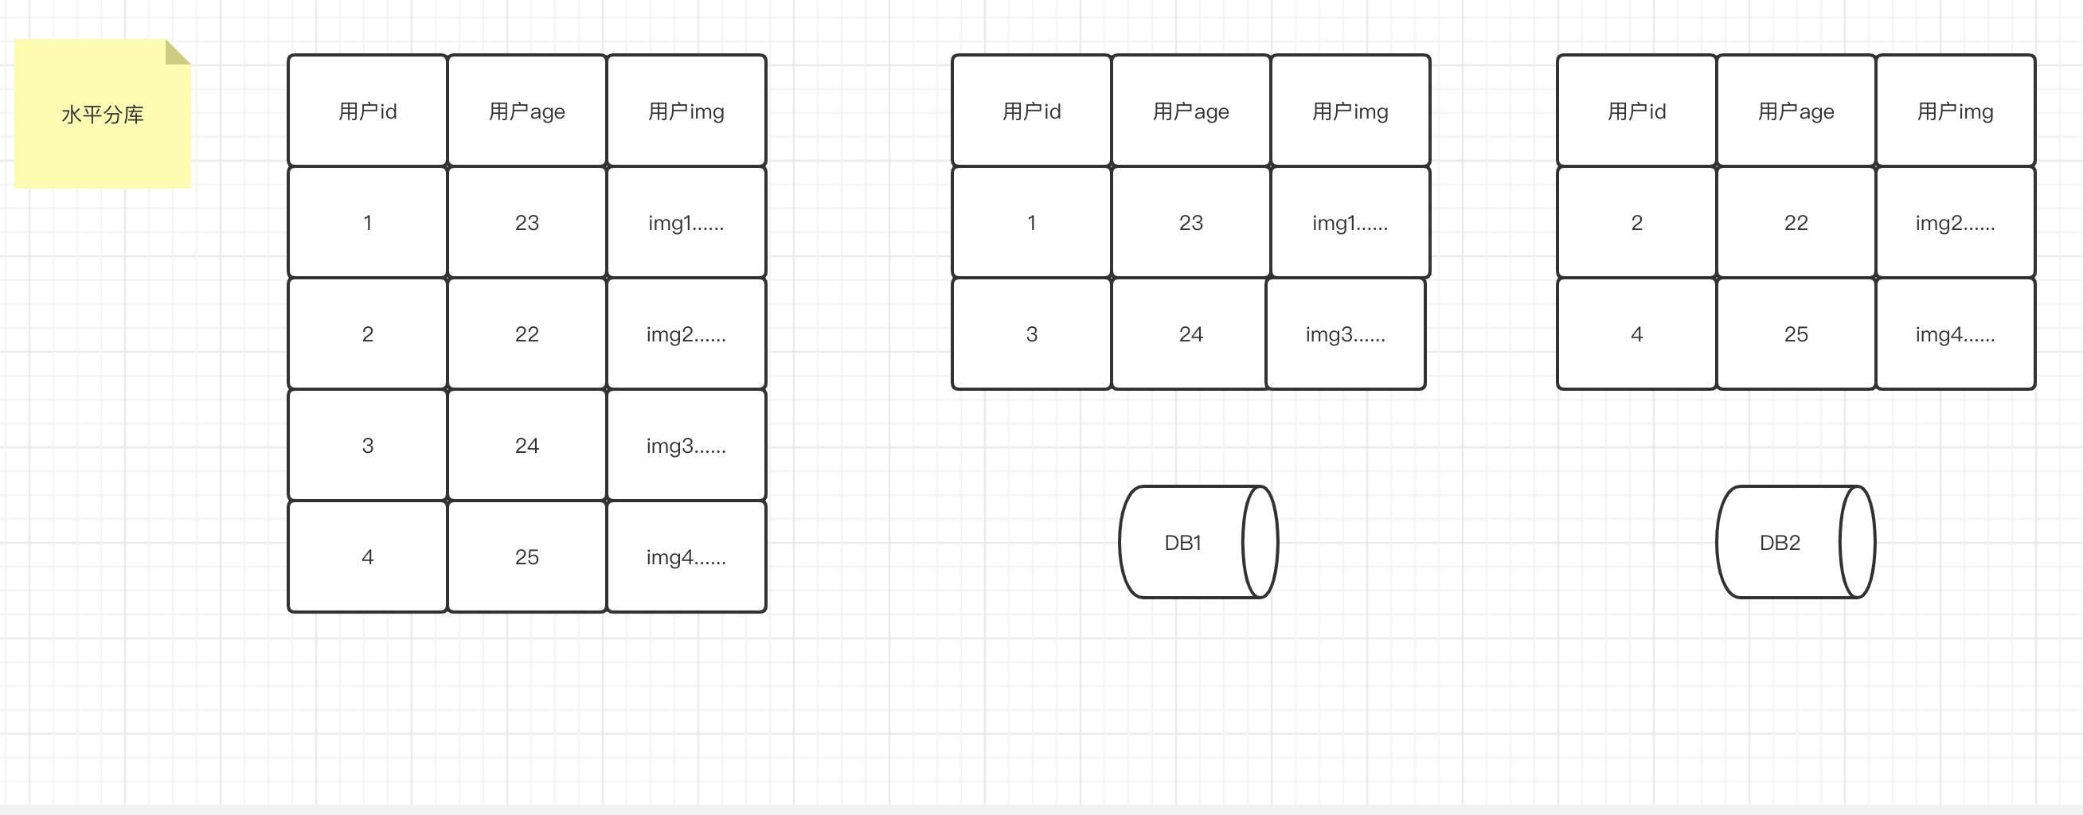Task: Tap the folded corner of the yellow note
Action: click(176, 51)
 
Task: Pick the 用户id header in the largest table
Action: click(368, 111)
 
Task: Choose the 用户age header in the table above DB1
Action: click(1191, 111)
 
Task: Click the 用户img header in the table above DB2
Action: click(1956, 111)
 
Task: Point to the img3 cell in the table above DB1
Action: click(1346, 334)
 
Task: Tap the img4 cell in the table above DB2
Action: click(1956, 334)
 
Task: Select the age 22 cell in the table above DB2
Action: click(1796, 222)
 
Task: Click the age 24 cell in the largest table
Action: click(527, 446)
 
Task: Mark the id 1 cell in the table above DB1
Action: click(1032, 222)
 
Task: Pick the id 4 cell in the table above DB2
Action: click(1636, 334)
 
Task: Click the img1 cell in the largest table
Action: click(686, 222)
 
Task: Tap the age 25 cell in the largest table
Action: click(527, 557)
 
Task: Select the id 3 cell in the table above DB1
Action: click(1032, 334)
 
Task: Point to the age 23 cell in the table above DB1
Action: click(1191, 222)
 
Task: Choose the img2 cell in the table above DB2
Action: click(1956, 222)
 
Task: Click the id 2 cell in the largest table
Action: click(368, 334)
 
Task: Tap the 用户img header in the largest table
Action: click(686, 111)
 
